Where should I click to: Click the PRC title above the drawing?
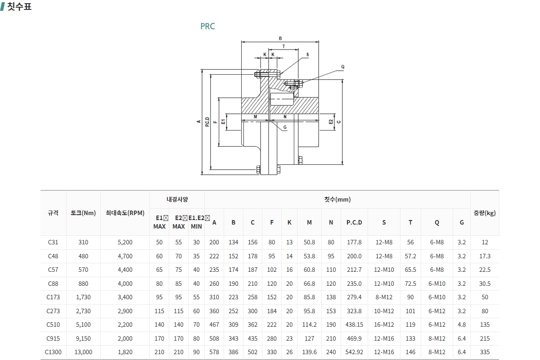coord(207,26)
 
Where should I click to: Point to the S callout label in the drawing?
coord(308,54)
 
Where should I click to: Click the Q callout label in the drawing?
coord(342,67)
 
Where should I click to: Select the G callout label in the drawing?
coord(285,127)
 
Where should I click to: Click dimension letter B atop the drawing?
coord(280,38)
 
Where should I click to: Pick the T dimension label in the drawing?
coord(283,46)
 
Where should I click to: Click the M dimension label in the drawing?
coord(255,117)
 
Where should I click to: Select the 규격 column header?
coord(53,213)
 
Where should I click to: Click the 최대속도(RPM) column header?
coord(125,213)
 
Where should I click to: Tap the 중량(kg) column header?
coord(485,213)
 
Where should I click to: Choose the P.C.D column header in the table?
coord(354,222)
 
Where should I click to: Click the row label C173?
coord(53,297)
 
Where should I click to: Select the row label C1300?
coord(53,352)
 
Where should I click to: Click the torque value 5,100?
coord(83,324)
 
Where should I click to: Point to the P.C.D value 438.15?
coord(354,324)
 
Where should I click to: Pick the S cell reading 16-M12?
coord(384,324)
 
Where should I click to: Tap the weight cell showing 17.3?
coord(485,256)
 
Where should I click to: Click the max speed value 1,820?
coord(125,352)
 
